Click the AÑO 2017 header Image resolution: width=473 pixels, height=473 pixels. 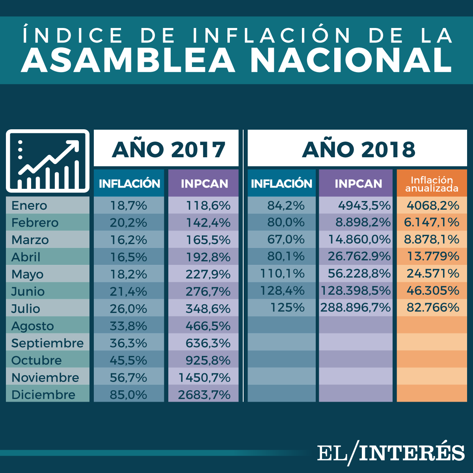(168, 149)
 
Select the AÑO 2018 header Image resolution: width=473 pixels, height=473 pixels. (358, 149)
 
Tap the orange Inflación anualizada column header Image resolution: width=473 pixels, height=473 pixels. (432, 184)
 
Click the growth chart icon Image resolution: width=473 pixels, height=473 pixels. (48, 161)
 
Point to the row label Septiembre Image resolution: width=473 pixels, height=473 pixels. (47, 343)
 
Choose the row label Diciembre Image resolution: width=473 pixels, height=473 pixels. (43, 395)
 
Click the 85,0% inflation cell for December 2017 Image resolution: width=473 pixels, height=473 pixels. (128, 395)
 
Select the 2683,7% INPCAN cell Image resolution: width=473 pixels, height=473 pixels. (204, 395)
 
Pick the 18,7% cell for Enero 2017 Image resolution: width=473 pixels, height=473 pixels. (128, 205)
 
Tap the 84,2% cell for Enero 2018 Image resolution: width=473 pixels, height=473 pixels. (286, 205)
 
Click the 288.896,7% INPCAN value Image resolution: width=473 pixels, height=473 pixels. (355, 307)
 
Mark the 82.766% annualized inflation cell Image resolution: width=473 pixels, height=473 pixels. (433, 307)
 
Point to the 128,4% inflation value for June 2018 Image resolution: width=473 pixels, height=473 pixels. (282, 291)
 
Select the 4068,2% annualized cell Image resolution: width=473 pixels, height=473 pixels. (433, 205)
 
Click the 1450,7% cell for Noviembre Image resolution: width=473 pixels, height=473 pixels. (204, 378)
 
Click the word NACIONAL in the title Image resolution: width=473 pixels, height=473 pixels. (351, 60)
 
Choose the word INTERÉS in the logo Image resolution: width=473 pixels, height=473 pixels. (412, 453)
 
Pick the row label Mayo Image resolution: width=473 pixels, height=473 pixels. (28, 274)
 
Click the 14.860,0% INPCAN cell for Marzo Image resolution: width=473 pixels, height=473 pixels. (359, 240)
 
